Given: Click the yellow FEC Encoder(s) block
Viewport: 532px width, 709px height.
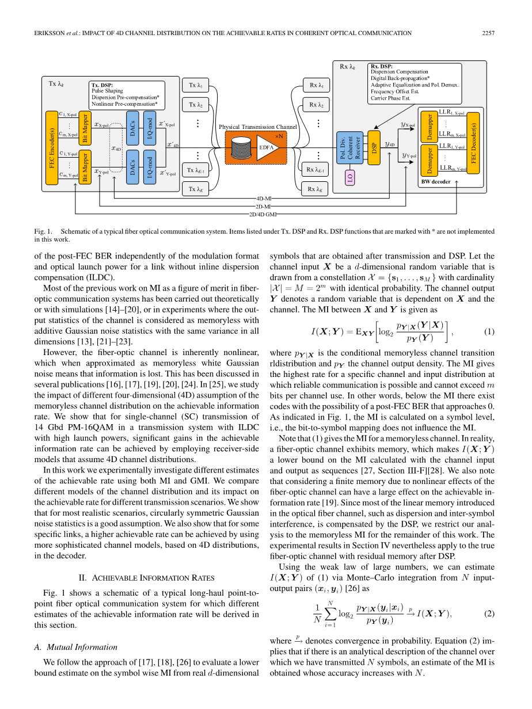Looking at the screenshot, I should (x=51, y=148).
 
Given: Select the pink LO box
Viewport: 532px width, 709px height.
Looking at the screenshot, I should (x=350, y=178).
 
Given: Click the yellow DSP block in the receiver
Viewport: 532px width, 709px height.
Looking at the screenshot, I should (x=374, y=148).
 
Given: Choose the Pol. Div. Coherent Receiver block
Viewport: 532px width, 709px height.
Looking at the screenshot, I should (x=350, y=148).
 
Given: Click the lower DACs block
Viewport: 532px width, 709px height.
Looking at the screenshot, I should (x=133, y=167).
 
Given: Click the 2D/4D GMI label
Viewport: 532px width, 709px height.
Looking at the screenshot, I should (x=263, y=214).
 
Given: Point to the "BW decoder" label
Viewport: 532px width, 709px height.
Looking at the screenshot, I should (x=436, y=182).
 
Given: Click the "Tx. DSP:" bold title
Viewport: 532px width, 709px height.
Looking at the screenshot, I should (x=102, y=85).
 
